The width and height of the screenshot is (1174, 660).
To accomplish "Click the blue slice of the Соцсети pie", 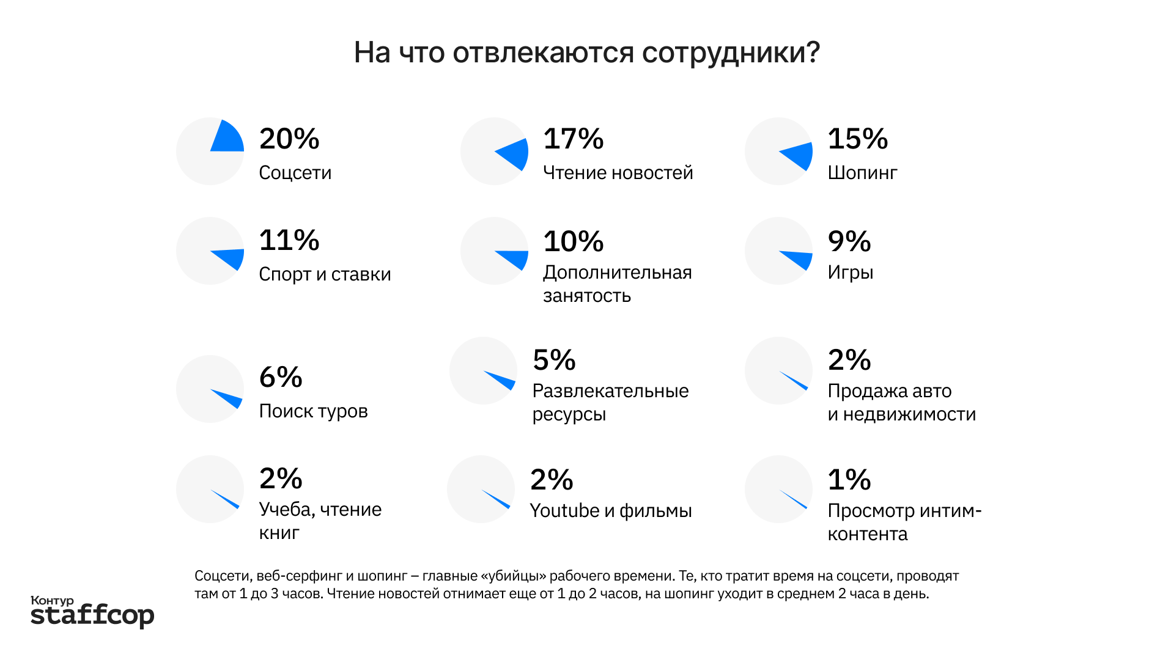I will [x=227, y=139].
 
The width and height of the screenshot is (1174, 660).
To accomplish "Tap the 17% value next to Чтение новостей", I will [x=573, y=139].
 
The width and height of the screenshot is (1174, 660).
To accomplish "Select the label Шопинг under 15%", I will [x=862, y=173].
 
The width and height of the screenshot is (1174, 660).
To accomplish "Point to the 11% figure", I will [x=289, y=240].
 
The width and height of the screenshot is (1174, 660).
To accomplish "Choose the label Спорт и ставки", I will [x=325, y=274].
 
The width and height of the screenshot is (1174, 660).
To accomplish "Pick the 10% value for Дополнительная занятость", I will [x=573, y=241].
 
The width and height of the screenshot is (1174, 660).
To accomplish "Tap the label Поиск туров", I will [x=313, y=411].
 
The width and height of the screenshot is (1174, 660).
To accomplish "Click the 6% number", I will [x=280, y=377].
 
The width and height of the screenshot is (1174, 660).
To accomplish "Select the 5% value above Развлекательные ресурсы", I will [x=553, y=360].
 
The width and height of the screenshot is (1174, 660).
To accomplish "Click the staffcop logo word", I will [x=92, y=615].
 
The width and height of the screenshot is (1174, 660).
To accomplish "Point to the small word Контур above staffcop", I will [x=52, y=601].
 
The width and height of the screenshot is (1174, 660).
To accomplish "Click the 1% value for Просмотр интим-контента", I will [x=849, y=480].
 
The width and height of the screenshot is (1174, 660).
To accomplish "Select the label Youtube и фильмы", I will [x=610, y=511].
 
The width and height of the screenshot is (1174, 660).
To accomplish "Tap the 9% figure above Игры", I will [x=849, y=241].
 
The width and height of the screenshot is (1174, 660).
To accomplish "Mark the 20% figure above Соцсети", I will [x=289, y=139].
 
